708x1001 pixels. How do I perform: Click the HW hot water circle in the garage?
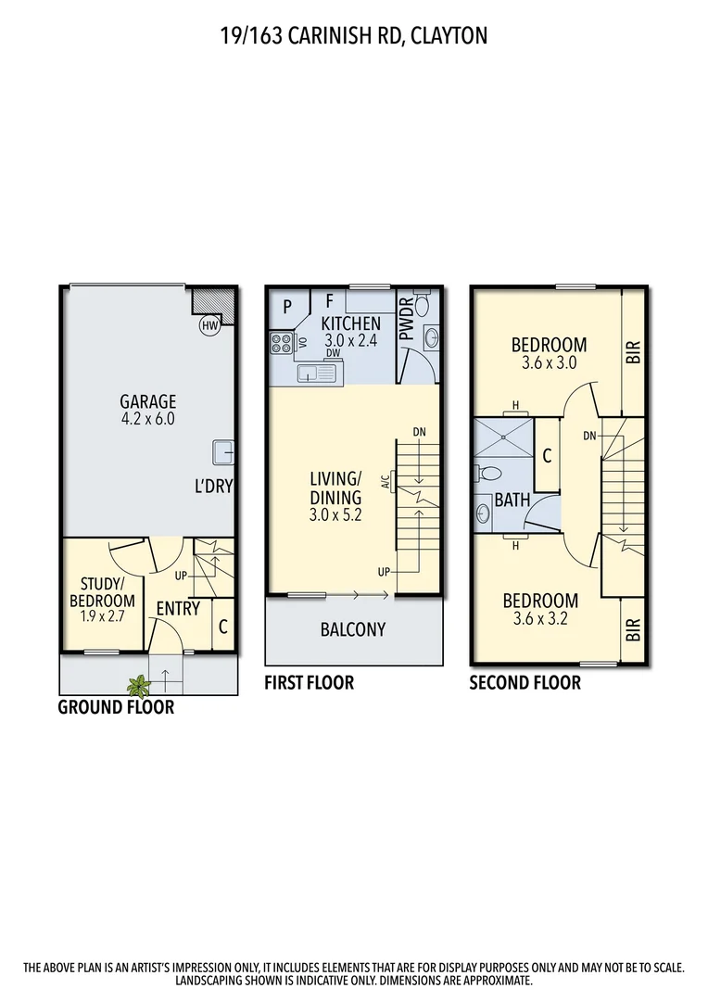tap(209, 326)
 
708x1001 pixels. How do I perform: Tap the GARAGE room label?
tap(147, 401)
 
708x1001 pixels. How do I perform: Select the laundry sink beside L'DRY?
tap(222, 451)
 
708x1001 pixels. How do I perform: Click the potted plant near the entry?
tap(139, 686)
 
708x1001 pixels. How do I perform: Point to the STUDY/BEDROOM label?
tap(102, 592)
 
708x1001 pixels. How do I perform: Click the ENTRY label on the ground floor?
tap(178, 608)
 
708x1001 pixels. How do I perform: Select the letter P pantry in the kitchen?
tap(288, 306)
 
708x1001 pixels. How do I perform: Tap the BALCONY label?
tap(352, 629)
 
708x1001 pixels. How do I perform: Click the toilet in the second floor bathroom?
tap(488, 474)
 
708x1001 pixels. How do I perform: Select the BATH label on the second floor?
tap(512, 500)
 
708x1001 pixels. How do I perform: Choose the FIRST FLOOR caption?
tap(310, 683)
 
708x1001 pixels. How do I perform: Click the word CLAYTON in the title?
tap(449, 36)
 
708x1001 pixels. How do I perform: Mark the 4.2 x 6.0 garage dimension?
tap(147, 419)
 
